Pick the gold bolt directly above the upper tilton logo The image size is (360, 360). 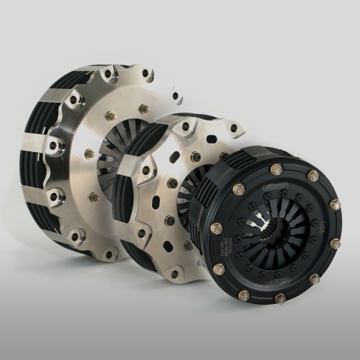tap(276, 170)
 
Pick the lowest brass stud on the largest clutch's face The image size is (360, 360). tap(93, 197)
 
